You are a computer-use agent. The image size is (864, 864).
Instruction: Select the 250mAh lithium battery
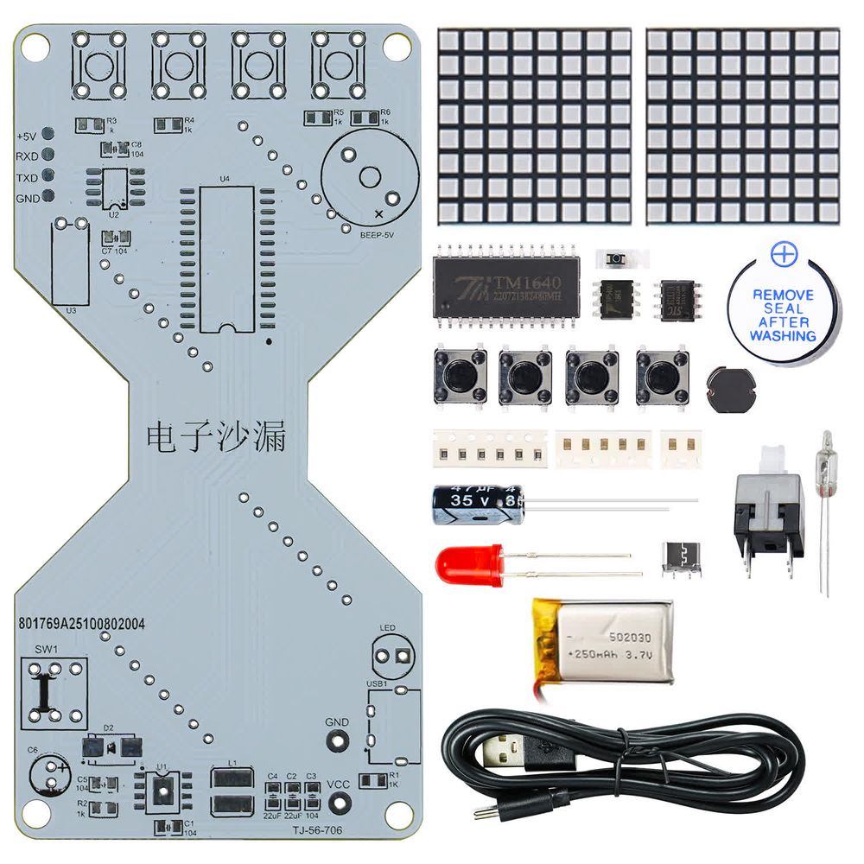pos(602,641)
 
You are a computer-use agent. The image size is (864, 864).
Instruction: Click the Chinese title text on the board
pos(216,437)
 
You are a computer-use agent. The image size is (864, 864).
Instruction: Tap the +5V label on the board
pos(26,137)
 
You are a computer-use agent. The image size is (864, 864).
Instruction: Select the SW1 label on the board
pos(45,649)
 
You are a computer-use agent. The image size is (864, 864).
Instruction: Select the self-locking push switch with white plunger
pos(769,510)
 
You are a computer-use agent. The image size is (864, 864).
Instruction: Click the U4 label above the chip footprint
pos(225,179)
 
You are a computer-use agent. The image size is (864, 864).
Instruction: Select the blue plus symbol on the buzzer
pos(782,254)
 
